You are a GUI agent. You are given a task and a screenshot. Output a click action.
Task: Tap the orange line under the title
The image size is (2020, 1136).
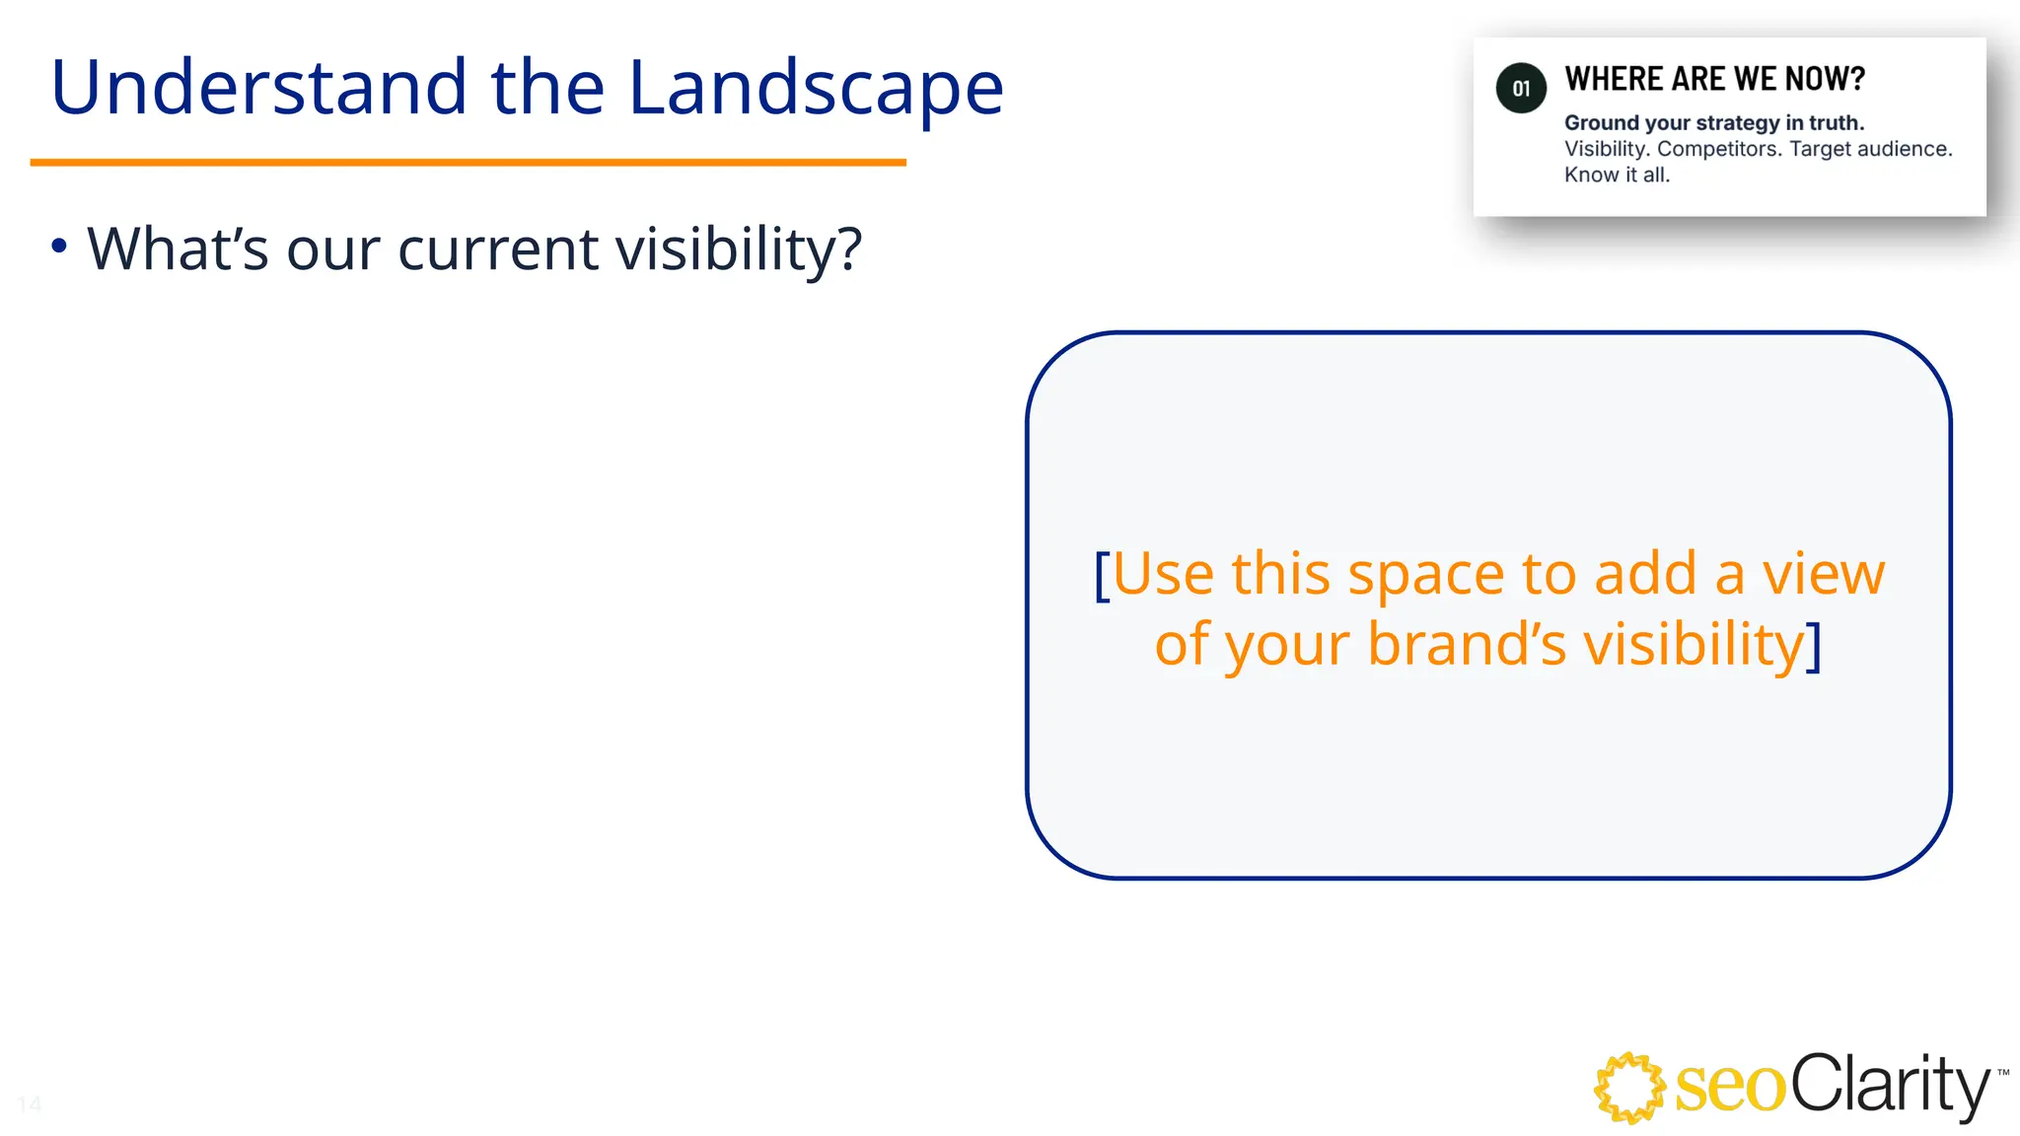468,162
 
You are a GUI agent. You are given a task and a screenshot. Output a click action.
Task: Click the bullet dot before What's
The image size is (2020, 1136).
59,246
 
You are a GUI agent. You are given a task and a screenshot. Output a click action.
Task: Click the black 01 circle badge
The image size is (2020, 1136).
1521,89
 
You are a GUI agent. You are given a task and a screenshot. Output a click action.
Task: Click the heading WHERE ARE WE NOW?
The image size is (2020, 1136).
1714,79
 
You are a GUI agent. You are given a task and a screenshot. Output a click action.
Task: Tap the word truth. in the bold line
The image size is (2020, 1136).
1837,123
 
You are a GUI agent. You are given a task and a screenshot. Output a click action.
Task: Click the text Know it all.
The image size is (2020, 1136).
1617,176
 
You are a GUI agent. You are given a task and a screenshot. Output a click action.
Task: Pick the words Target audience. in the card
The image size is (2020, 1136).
1870,149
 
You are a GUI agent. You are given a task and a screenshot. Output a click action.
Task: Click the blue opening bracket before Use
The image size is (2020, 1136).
1102,575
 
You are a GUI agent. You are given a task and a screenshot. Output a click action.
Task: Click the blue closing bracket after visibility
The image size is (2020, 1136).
1813,647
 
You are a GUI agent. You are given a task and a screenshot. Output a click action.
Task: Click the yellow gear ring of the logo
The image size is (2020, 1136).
1627,1088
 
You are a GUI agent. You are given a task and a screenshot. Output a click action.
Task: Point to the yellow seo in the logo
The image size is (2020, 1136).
1729,1088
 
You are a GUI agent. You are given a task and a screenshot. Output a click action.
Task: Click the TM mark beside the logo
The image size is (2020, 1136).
2002,1072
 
